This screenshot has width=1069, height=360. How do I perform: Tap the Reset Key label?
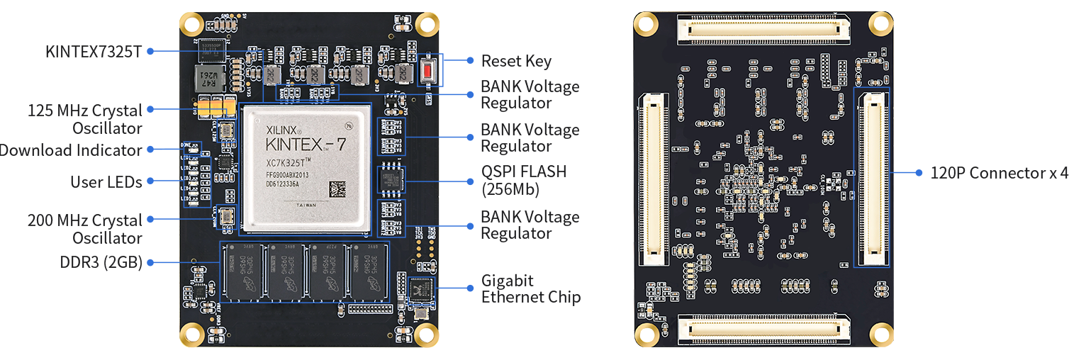tap(516, 62)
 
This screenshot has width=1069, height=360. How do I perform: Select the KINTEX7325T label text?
tap(94, 51)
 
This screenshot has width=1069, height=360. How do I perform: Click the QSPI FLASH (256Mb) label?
tap(514, 181)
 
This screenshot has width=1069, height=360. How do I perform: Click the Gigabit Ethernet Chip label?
tap(531, 289)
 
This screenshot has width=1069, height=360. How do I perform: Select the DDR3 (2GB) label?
tap(101, 262)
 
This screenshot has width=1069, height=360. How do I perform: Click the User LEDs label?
tap(106, 182)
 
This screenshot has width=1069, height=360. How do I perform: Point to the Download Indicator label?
tap(71, 150)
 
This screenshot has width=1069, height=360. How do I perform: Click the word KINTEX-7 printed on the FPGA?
tap(306, 145)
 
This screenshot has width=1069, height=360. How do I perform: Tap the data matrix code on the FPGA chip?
tap(337, 190)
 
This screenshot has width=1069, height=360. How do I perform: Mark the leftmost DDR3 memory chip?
tap(243, 270)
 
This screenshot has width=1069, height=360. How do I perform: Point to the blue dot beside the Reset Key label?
tap(469, 61)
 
